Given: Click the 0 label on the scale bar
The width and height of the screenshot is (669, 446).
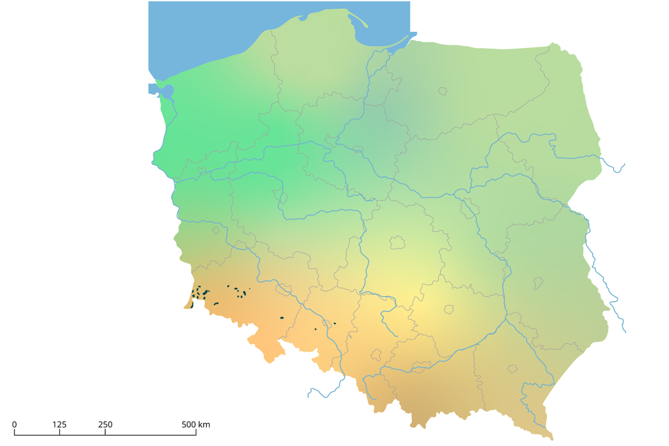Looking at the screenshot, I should click(15, 424).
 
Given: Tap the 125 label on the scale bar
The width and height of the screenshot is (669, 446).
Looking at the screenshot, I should click(59, 424).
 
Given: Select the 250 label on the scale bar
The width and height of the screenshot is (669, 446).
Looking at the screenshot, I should click(105, 424).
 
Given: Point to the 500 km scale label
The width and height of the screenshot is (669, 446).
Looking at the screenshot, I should click(196, 424).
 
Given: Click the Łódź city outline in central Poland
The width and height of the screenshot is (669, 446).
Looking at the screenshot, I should click(397, 243).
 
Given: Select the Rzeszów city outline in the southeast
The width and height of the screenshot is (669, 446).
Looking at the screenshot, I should click(514, 368).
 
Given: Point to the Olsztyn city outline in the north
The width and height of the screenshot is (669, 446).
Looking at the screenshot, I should click(442, 91).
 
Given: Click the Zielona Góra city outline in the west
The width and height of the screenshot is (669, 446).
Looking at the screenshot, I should click(215, 229).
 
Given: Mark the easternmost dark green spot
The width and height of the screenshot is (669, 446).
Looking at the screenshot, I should click(334, 323).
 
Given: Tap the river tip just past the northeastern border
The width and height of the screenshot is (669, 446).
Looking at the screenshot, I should click(622, 167).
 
